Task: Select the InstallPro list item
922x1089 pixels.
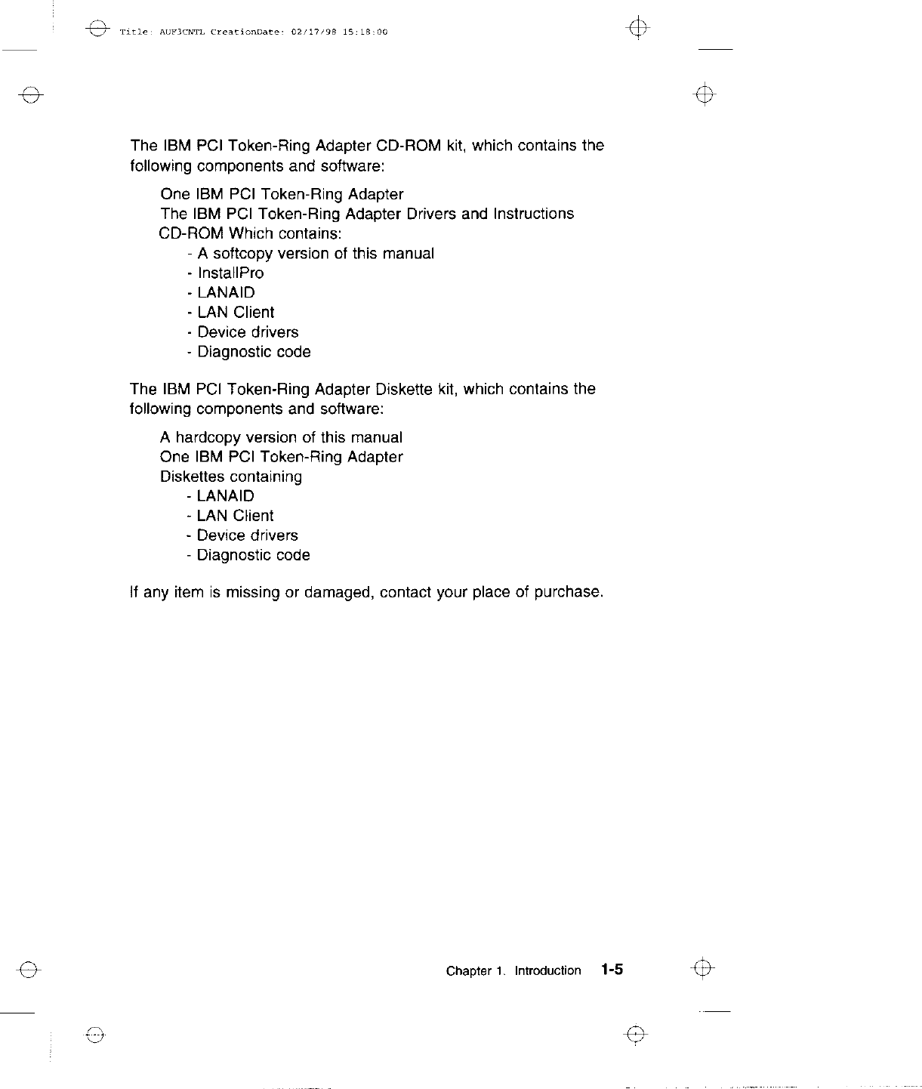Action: (x=230, y=273)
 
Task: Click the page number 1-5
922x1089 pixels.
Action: (x=612, y=970)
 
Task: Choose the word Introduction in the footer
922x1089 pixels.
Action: (x=547, y=971)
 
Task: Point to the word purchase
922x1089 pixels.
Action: (x=569, y=593)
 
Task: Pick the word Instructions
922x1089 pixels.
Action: (x=533, y=214)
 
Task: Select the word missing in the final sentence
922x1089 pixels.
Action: (x=253, y=593)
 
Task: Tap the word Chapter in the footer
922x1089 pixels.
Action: (x=468, y=971)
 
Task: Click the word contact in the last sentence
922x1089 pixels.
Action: (x=406, y=593)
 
